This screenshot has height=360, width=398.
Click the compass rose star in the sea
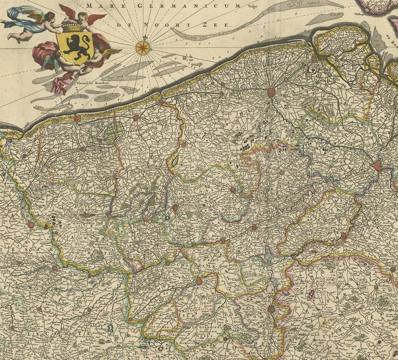click(142, 47)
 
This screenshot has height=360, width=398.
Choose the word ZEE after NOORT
click(220, 25)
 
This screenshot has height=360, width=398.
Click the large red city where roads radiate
click(271, 92)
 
